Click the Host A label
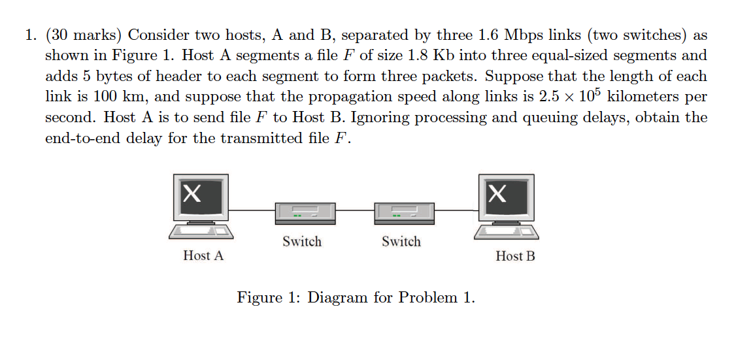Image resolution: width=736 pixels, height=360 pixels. pos(203,255)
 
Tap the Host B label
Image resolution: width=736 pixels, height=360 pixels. pos(515,256)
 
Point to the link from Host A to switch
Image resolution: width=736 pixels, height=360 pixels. pos(252,210)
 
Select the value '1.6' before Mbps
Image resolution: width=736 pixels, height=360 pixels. pos(490,35)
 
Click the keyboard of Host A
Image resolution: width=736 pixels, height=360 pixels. pos(201,231)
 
